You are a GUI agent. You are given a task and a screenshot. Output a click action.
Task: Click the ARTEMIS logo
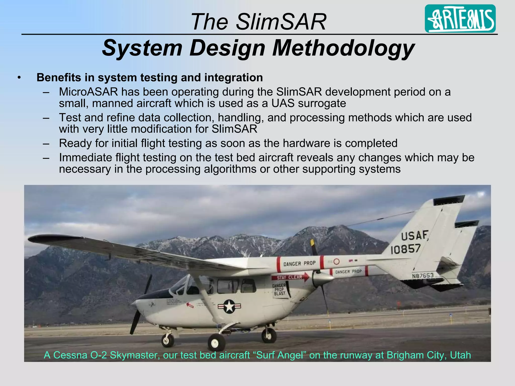click(x=460, y=19)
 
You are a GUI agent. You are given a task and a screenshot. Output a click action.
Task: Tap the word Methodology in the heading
click(x=343, y=48)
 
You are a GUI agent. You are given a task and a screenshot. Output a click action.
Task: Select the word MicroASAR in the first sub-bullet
click(x=88, y=92)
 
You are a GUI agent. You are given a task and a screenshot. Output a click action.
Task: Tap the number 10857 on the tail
click(x=405, y=249)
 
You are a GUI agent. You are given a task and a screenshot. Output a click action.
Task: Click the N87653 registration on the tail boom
click(x=422, y=276)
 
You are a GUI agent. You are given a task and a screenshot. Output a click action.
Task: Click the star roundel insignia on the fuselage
click(x=229, y=306)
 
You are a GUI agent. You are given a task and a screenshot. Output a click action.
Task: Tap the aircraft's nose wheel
click(x=167, y=340)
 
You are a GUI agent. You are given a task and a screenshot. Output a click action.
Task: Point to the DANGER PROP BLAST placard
click(x=280, y=290)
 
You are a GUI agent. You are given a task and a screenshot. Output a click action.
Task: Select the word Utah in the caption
click(x=460, y=355)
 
